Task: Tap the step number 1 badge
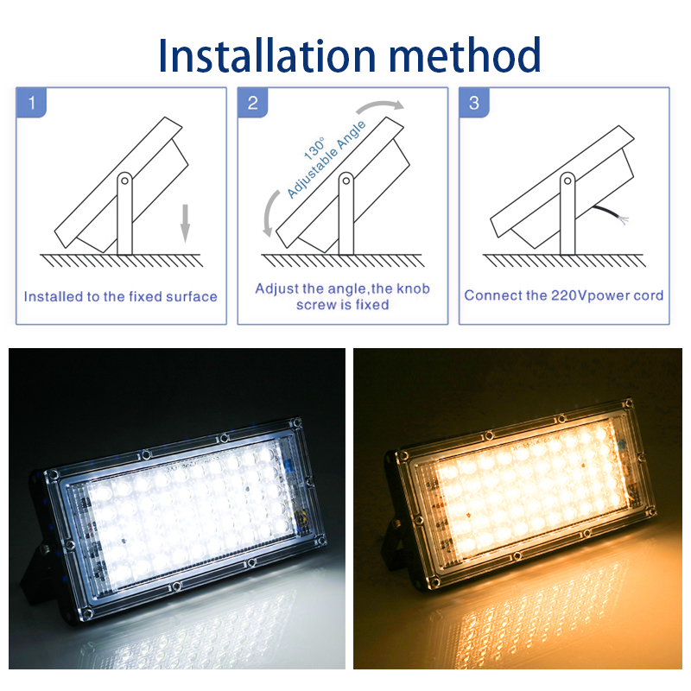(32, 103)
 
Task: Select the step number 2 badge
(252, 103)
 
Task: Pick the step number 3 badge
(473, 103)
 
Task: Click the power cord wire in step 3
(610, 215)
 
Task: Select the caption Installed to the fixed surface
(121, 296)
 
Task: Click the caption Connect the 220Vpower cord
(564, 295)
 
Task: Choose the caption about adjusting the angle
(343, 296)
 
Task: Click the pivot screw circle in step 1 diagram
(124, 181)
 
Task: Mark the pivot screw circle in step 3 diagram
(567, 181)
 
